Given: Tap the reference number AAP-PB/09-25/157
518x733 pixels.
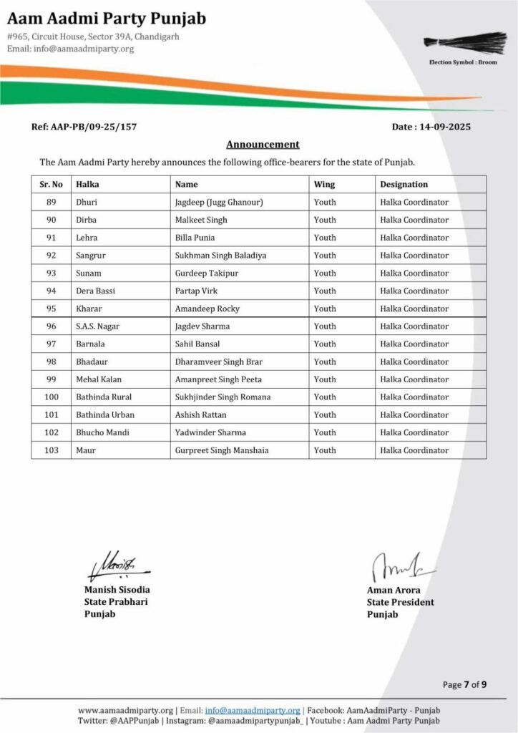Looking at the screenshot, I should point(84,127).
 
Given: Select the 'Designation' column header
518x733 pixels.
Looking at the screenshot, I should point(404,185).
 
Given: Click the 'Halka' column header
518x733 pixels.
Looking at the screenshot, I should point(87,185).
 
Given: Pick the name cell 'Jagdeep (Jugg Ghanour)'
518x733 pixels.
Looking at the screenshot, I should point(219,203).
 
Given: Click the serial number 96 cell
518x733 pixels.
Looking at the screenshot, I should point(51,326).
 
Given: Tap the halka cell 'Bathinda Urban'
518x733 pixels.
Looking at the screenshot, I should point(105,414).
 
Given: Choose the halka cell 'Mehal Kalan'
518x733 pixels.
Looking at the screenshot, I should point(99,379).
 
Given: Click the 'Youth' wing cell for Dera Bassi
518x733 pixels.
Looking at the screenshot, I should point(325,291).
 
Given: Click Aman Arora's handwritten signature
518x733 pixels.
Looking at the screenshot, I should point(394,567).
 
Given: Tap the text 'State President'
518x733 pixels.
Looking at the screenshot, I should point(400,603).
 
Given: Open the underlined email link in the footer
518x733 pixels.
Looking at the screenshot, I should point(253,710).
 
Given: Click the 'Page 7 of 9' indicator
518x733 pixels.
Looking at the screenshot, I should point(464,685).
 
